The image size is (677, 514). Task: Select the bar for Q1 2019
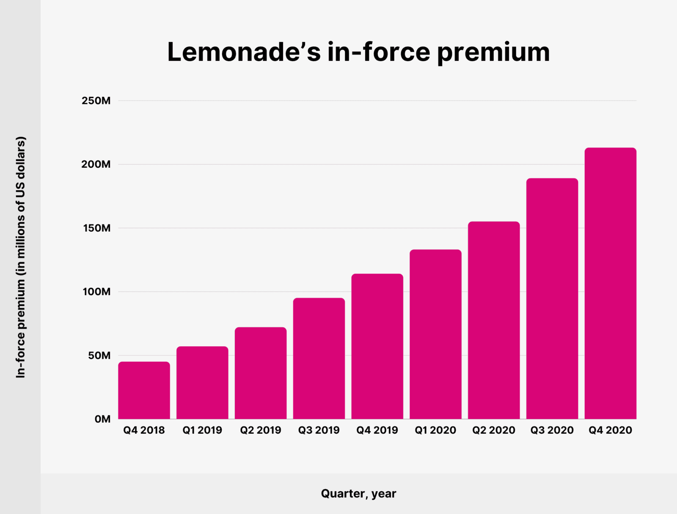202,383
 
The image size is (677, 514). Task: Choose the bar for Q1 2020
435,334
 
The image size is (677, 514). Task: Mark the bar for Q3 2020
552,298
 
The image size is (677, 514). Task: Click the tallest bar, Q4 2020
610,283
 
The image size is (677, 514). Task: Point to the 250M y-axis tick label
96,101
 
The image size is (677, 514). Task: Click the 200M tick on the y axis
96,164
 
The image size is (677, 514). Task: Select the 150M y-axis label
96,228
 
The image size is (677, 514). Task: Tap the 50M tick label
99,355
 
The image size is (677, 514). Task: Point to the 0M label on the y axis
102,419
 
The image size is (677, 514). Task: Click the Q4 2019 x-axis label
377,430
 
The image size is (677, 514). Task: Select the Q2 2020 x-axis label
494,430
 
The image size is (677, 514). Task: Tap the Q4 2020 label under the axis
610,430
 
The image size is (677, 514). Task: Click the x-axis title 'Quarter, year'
358,493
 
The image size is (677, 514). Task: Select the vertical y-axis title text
21,257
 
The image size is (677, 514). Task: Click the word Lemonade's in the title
244,52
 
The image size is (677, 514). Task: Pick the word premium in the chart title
493,52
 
